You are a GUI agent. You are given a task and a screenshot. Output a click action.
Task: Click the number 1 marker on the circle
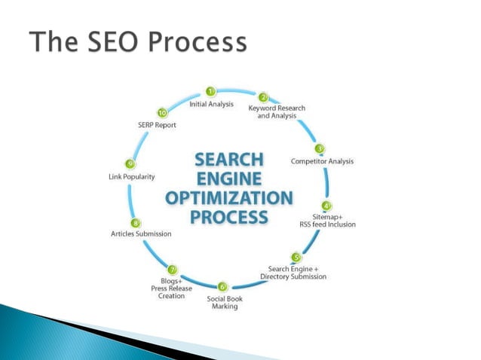coord(211,92)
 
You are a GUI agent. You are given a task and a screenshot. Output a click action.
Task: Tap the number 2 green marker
coord(264,97)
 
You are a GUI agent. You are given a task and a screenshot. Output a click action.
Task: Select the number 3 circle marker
coord(320,148)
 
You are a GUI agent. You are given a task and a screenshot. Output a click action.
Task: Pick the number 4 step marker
coord(326,205)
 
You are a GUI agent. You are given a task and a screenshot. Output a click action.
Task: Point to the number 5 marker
coord(296,258)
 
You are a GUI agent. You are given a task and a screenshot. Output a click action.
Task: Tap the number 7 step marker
coord(173,270)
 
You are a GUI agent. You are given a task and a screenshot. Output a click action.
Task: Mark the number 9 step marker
coord(130,164)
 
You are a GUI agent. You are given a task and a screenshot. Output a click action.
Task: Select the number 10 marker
coord(162,113)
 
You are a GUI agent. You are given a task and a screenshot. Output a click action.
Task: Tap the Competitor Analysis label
coord(322,160)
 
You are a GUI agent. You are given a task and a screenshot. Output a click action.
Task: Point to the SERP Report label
coord(156,125)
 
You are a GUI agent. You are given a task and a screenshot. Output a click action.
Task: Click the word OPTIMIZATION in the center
coord(229,198)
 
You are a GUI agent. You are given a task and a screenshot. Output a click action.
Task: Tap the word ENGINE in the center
coord(229,179)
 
